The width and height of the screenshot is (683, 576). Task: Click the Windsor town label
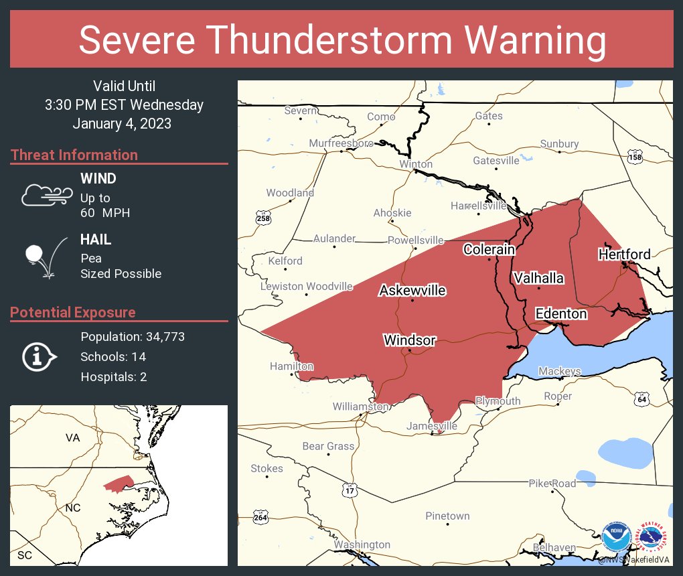(409, 340)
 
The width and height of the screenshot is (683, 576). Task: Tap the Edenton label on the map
(560, 313)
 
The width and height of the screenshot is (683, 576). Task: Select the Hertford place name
(624, 254)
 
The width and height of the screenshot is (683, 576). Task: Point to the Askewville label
(412, 290)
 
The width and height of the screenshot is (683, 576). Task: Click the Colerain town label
(489, 249)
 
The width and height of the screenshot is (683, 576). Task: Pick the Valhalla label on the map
(538, 278)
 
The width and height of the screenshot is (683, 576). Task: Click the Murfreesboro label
(341, 143)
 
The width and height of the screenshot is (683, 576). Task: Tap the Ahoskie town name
(392, 213)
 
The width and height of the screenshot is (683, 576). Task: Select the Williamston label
(360, 407)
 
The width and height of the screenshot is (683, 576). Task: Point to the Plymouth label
(498, 401)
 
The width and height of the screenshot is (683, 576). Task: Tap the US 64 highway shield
(642, 399)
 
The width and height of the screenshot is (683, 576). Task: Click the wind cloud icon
(46, 195)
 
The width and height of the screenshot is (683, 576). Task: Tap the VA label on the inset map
(72, 437)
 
